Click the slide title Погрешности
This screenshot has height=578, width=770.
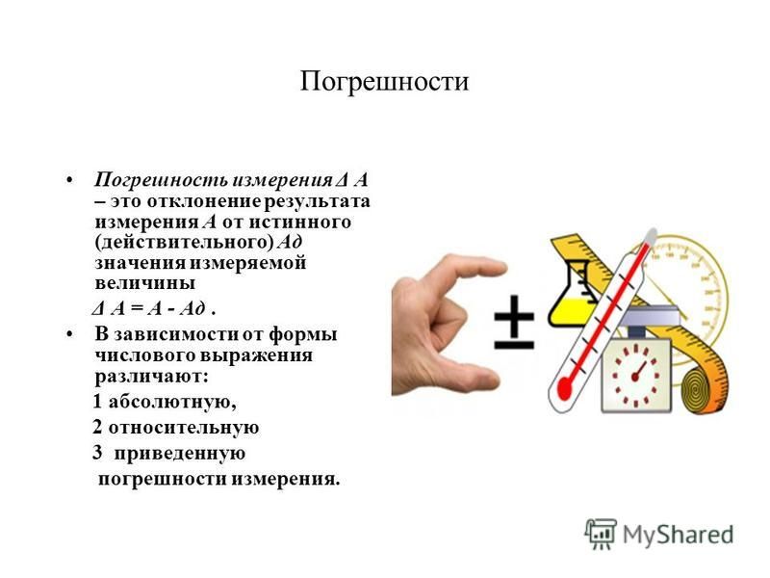point(384,82)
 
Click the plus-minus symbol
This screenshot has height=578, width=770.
point(514,323)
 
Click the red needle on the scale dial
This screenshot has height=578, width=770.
point(638,372)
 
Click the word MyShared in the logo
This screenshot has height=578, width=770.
point(679,535)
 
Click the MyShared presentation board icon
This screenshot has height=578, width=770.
point(600,534)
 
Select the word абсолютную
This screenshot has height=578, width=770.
point(172,402)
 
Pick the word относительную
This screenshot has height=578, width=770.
point(184,428)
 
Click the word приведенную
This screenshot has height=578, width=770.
point(180,453)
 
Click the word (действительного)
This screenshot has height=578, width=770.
point(184,243)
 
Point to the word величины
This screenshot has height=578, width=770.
point(145,283)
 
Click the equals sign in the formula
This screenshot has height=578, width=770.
point(137,309)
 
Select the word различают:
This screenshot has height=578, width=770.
point(152,377)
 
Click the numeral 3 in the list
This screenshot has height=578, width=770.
point(97,452)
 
